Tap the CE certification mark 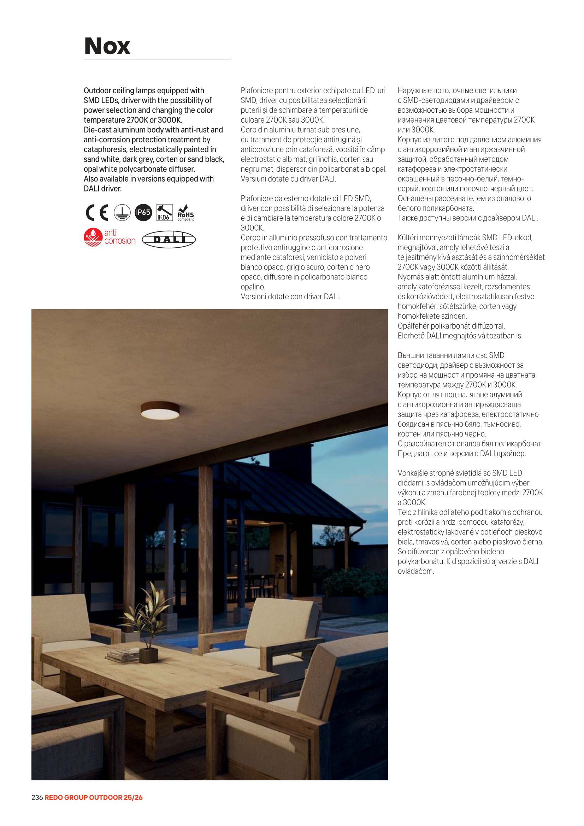tap(97, 212)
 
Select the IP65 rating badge tap(143, 212)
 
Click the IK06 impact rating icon tap(164, 212)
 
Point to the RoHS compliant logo tap(186, 213)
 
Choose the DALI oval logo tap(169, 239)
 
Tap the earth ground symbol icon tap(122, 212)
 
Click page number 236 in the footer tap(37, 797)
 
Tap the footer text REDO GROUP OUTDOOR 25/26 tap(94, 797)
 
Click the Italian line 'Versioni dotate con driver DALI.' tap(290, 296)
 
